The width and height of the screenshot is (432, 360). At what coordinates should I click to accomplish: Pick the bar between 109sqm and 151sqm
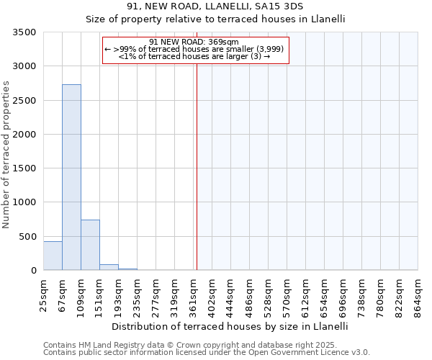tap(90, 245)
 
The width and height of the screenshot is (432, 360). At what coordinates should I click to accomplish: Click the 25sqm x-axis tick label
tap(43, 294)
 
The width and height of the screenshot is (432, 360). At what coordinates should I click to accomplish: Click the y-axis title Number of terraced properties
tap(7, 154)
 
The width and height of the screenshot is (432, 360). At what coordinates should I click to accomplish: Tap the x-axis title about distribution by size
tap(230, 326)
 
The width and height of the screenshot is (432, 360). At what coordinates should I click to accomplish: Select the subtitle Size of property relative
tap(215, 20)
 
